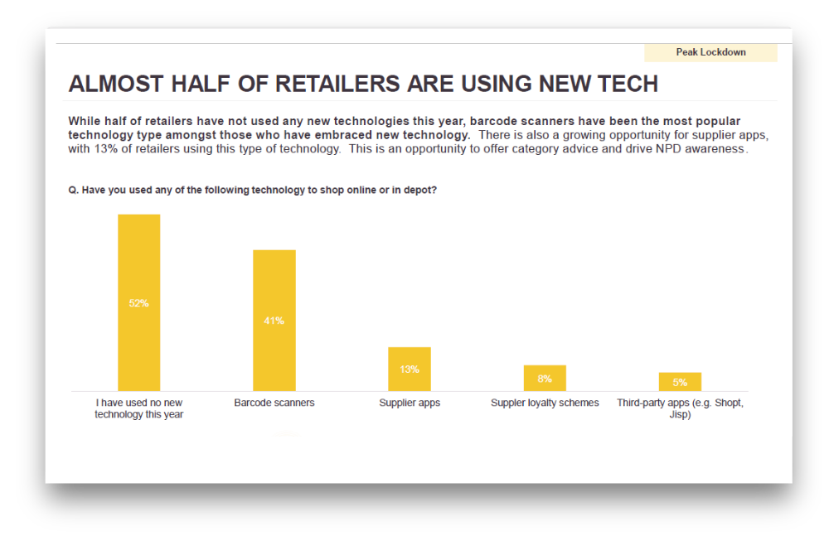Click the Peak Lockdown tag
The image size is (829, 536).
tap(710, 52)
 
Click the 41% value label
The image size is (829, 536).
tap(274, 321)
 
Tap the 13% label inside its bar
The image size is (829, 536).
tap(410, 369)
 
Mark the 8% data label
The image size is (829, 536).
tap(545, 379)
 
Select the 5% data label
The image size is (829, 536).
tap(680, 383)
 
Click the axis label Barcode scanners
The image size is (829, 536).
tap(274, 403)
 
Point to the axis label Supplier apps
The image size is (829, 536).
tap(410, 403)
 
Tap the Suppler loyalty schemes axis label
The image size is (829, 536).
tap(545, 403)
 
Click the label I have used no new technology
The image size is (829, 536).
tap(138, 408)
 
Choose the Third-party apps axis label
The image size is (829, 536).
tap(680, 408)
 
